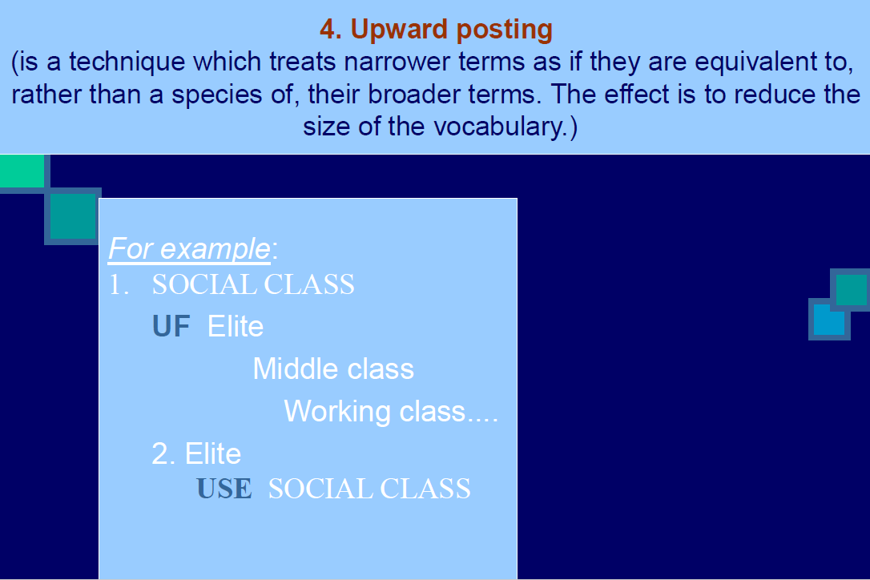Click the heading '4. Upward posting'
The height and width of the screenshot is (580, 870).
point(436,30)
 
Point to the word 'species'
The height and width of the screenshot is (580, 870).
point(216,95)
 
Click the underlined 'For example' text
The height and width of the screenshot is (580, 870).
point(190,249)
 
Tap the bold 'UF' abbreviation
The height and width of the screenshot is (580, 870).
point(171,326)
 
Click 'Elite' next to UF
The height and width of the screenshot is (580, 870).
point(236,326)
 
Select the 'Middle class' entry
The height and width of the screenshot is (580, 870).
point(333,369)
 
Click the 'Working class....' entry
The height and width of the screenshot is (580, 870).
point(391,411)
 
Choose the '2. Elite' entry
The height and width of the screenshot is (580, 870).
point(196,454)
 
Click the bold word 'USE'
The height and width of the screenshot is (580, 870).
point(224,489)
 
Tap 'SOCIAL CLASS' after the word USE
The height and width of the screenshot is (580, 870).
point(369,489)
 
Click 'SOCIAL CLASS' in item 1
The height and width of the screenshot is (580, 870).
point(253,284)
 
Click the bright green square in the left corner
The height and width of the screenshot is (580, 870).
point(22,171)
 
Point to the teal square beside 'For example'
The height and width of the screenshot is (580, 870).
point(73,216)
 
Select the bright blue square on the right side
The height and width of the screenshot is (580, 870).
point(828,320)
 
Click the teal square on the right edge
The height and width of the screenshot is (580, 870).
point(852,290)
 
